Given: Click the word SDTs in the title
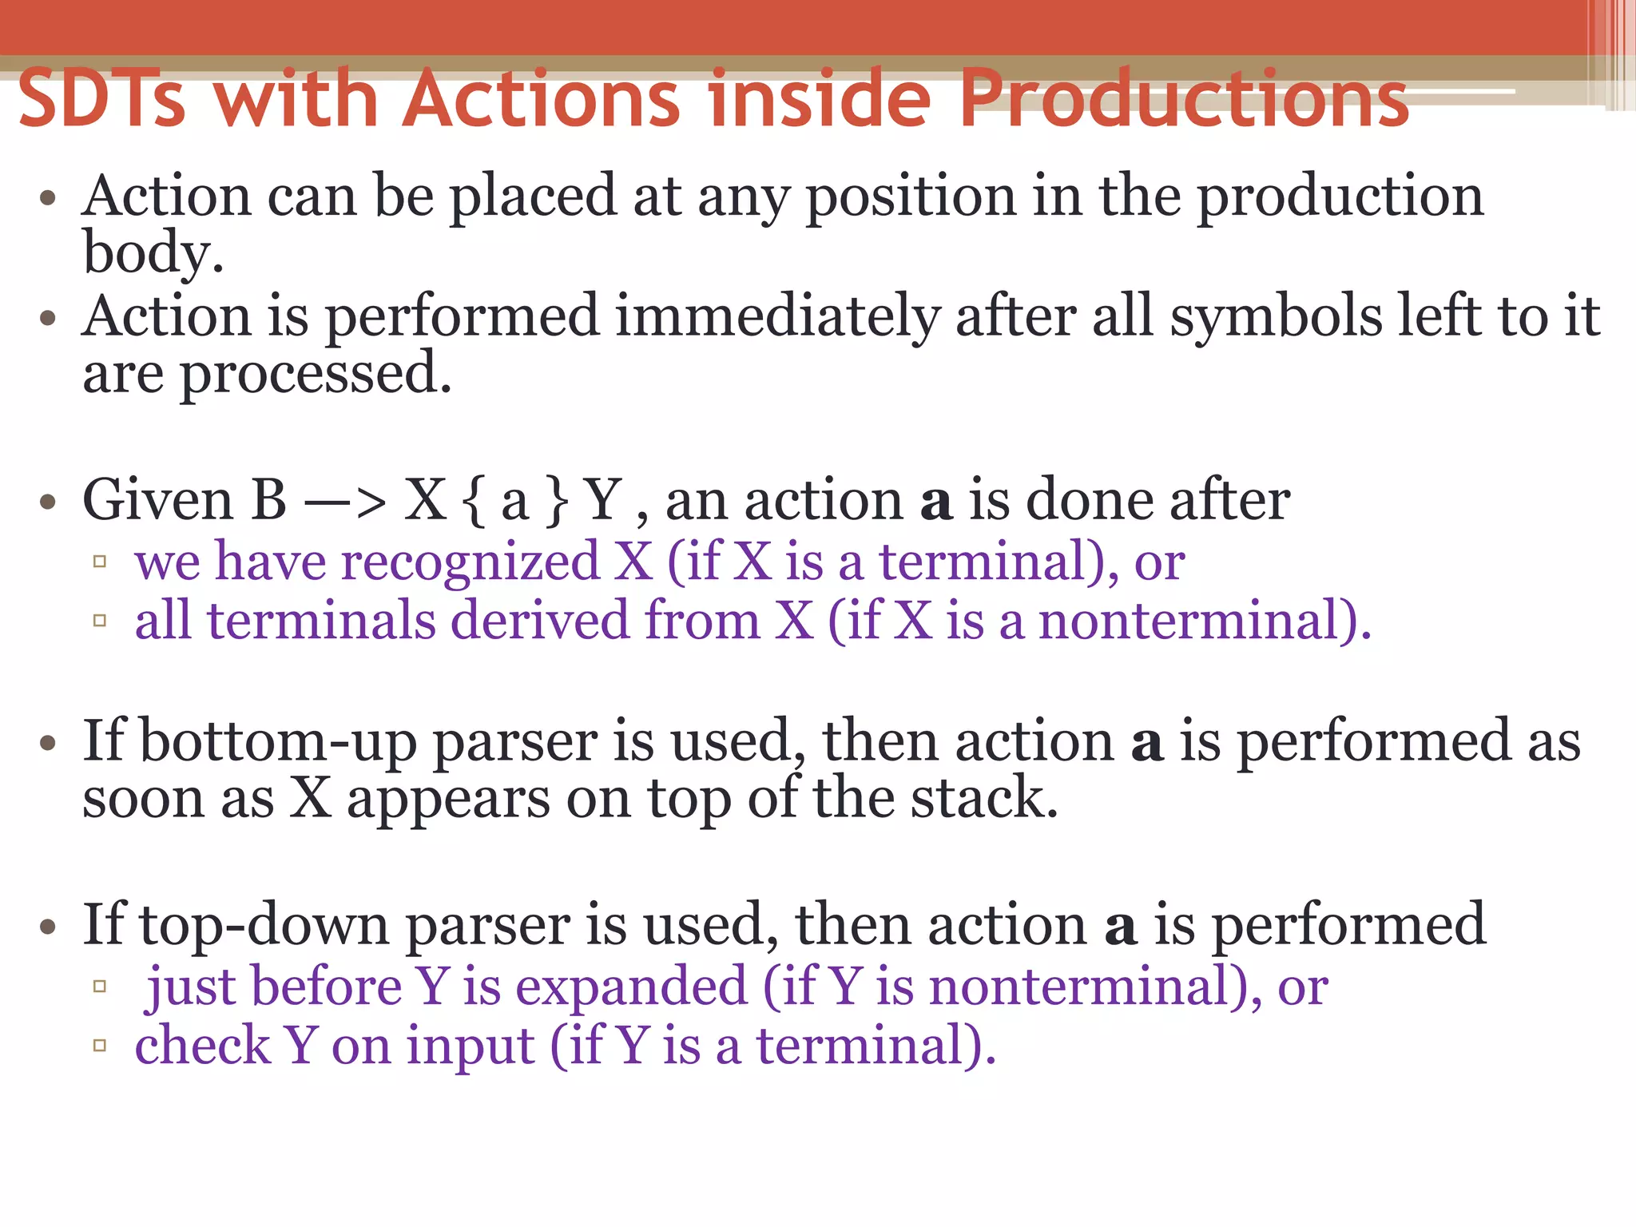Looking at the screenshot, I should (101, 98).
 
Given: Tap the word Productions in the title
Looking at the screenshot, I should (1185, 98).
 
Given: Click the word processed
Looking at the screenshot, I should (316, 374).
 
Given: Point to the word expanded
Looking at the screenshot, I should (631, 987).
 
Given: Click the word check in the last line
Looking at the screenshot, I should (203, 1046).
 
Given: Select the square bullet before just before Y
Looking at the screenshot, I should (100, 987).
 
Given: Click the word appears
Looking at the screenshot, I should (448, 800).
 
